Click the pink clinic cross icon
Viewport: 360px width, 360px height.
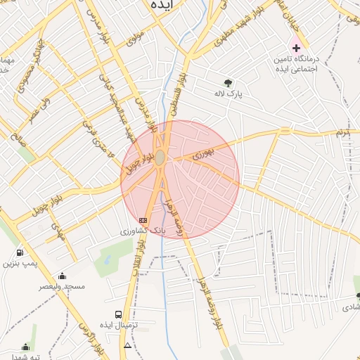coord(297,49)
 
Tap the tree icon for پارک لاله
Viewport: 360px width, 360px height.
coord(227,82)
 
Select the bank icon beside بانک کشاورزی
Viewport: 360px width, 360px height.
coord(143,220)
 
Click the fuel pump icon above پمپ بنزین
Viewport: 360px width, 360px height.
coord(18,252)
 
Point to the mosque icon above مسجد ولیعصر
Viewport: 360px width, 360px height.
coord(63,276)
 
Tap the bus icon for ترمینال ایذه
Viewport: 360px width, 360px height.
coord(118,315)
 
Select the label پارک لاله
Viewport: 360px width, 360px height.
coord(229,93)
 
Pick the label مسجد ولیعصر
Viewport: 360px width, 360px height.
coord(63,286)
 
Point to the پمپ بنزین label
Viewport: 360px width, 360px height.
coord(19,263)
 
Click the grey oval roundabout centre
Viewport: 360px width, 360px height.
coord(160,158)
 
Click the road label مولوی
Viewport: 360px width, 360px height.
coord(136,40)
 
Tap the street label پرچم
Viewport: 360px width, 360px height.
coord(342,132)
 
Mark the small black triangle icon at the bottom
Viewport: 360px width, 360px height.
coord(127,346)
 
